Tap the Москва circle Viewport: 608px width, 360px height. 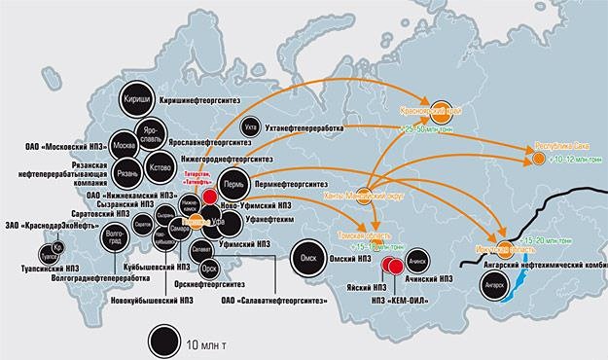(124, 145)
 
